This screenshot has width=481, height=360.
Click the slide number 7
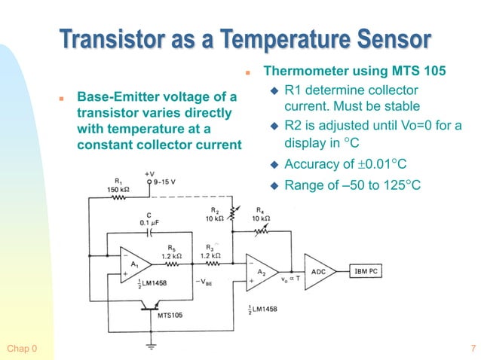point(472,348)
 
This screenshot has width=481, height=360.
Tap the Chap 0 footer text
point(21,348)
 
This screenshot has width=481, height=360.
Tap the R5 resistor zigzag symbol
point(172,264)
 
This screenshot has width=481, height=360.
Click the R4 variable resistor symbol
point(260,229)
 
